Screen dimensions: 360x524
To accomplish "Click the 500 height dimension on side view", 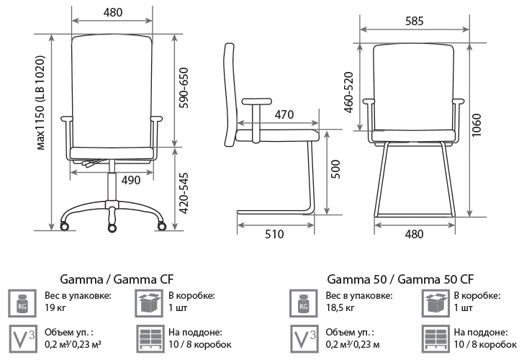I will tap(335, 171).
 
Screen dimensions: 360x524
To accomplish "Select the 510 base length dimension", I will tap(274, 234).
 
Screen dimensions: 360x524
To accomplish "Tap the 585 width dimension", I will tap(413, 21).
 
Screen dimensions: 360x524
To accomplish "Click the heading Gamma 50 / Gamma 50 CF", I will tap(400, 279).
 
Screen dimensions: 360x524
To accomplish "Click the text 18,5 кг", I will tap(340, 308).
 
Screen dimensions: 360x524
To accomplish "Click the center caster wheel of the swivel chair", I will tap(112, 228).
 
